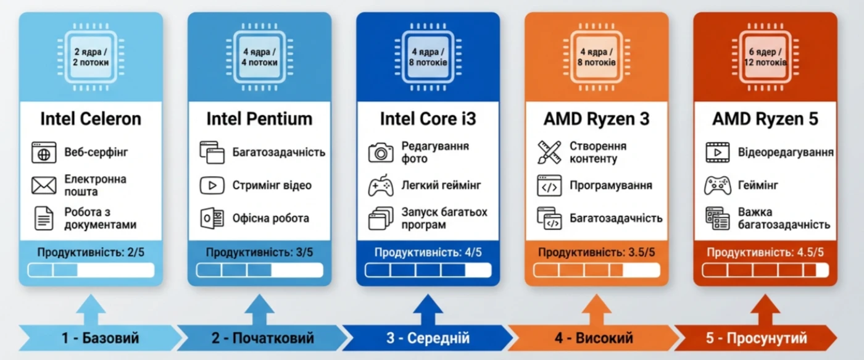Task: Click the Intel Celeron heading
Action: point(91,119)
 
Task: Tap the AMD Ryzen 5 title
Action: point(765,119)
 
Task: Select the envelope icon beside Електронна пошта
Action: point(44,185)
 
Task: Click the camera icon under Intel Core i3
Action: point(381,153)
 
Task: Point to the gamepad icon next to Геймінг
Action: point(717,186)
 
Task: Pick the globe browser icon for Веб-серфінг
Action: point(44,153)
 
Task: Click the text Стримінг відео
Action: point(272,186)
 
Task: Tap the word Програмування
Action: point(611,186)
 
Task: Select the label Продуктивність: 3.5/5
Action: point(596,253)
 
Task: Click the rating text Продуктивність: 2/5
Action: point(91,253)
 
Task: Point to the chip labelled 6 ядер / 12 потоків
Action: point(765,57)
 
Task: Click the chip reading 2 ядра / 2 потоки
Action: point(91,57)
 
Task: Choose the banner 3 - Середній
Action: point(427,338)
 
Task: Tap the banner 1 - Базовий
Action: point(100,338)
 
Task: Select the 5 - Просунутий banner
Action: point(756,338)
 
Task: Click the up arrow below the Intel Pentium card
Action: point(259,309)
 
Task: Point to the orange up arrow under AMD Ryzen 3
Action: point(596,309)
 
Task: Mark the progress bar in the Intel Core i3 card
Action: point(428,270)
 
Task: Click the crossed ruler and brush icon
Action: point(549,153)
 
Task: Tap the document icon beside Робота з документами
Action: point(44,219)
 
